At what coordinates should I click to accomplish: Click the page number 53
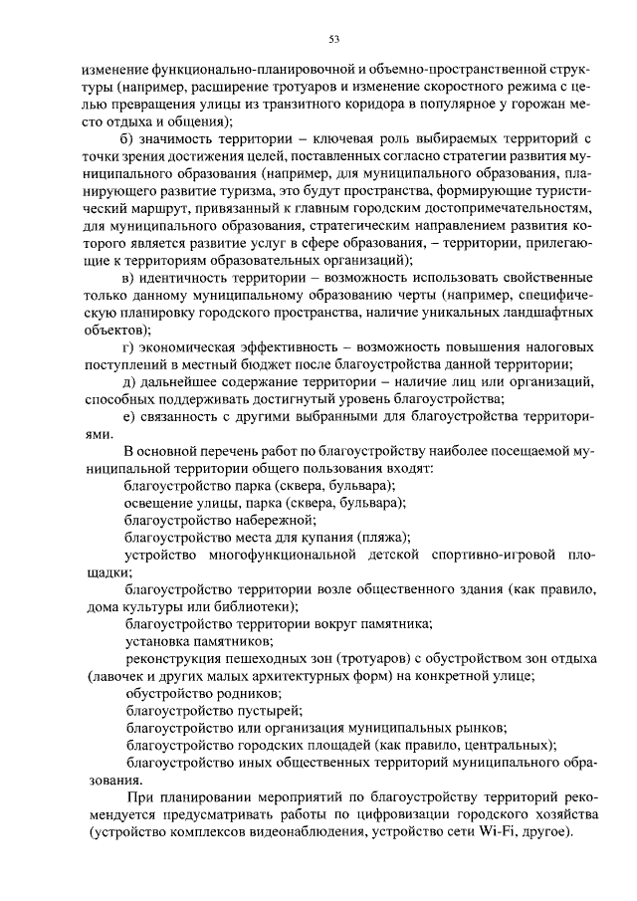[x=334, y=40]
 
